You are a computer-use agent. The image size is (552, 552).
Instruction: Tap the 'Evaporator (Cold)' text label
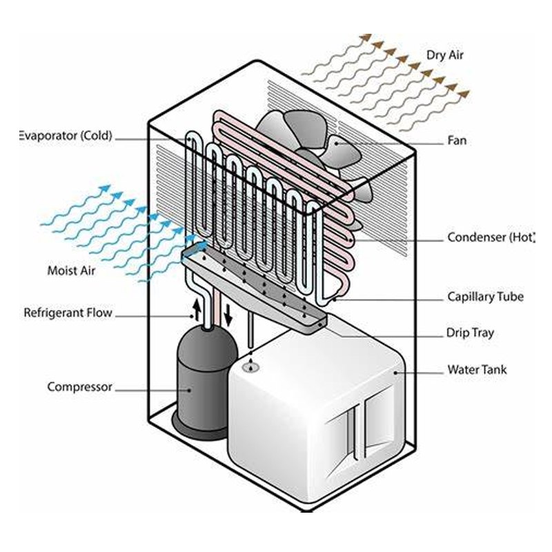[x=65, y=136]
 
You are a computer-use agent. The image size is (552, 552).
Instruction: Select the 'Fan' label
[x=457, y=141]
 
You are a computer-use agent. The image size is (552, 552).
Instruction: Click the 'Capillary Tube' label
[x=485, y=297]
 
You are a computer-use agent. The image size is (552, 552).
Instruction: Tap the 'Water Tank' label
[x=477, y=370]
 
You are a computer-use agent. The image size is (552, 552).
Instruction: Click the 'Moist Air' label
[x=71, y=270]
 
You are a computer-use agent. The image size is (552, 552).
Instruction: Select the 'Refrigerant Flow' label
[x=68, y=313]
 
